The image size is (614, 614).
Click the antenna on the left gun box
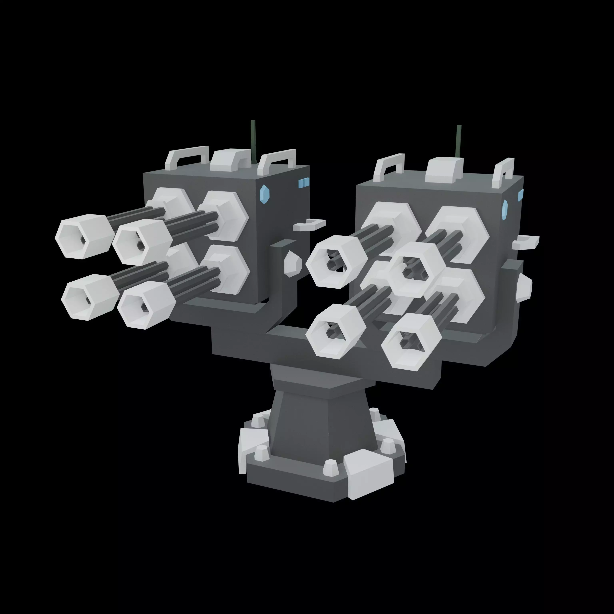(253, 140)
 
